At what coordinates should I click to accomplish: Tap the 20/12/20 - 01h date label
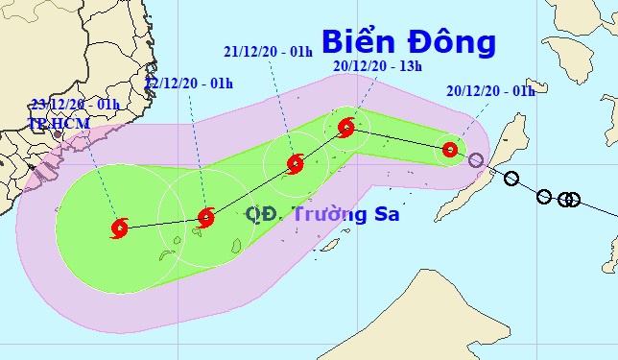pyautogui.click(x=488, y=91)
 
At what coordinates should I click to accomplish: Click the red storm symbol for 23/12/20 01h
pyautogui.click(x=120, y=228)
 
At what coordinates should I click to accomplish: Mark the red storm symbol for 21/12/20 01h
pyautogui.click(x=296, y=163)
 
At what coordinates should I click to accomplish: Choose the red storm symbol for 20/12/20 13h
pyautogui.click(x=346, y=127)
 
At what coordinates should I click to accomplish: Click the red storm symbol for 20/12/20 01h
pyautogui.click(x=449, y=149)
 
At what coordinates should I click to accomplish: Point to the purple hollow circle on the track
pyautogui.click(x=476, y=159)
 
